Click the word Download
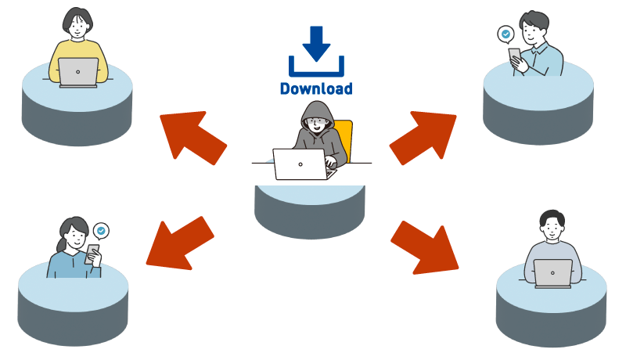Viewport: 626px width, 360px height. pyautogui.click(x=316, y=88)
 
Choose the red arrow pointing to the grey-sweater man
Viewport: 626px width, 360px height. pyautogui.click(x=426, y=247)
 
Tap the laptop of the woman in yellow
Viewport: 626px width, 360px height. pyautogui.click(x=78, y=72)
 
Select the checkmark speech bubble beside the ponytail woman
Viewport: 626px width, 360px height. pyautogui.click(x=101, y=231)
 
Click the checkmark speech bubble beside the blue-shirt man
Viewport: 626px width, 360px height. pyautogui.click(x=506, y=34)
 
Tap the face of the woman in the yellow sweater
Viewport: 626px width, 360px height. pyautogui.click(x=77, y=25)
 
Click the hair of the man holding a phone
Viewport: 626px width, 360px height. pyautogui.click(x=536, y=19)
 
